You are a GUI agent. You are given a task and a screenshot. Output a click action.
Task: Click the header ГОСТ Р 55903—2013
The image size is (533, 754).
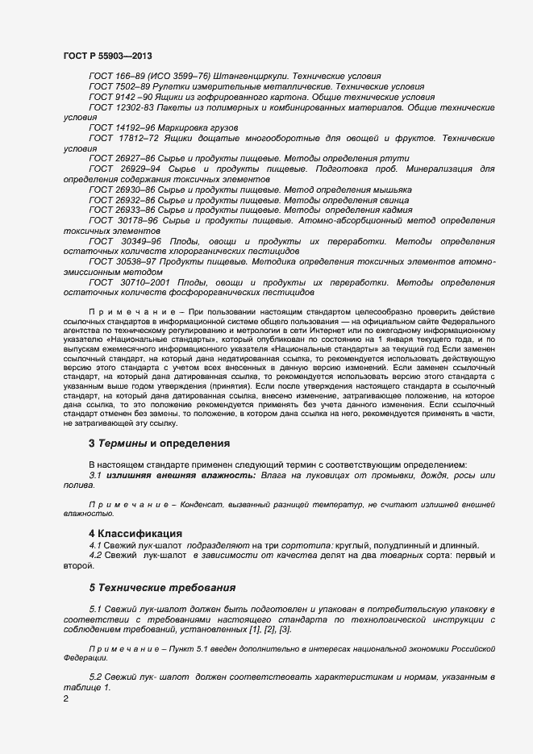[106, 56]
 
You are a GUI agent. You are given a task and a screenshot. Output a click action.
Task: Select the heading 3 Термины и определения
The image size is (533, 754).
[159, 444]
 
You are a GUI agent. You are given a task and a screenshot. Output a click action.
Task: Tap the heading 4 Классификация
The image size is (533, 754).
[135, 533]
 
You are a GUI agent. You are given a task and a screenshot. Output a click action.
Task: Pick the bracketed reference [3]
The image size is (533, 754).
[284, 629]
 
